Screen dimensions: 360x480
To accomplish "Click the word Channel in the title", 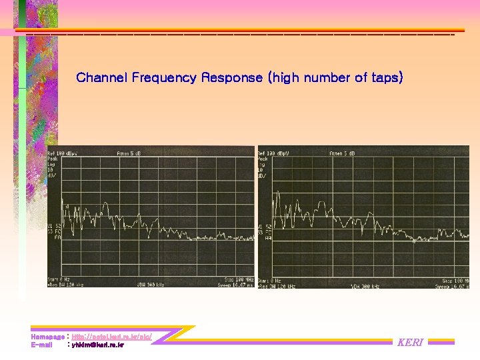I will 102,77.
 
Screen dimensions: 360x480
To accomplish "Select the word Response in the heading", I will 232,77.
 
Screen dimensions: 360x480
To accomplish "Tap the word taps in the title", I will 386,77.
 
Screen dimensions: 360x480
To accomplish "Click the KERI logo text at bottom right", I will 410,343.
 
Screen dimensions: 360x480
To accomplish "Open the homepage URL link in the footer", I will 111,337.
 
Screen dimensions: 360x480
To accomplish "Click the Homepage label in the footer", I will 47,337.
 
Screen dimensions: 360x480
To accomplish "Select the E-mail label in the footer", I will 41,345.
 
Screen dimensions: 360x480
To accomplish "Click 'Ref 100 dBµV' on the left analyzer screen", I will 63,153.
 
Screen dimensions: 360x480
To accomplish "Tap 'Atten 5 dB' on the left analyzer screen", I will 128,153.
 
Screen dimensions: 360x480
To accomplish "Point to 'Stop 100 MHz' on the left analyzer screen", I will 237,279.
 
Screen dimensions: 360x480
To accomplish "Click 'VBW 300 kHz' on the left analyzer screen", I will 151,285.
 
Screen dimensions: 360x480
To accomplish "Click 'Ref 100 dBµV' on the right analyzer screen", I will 274,153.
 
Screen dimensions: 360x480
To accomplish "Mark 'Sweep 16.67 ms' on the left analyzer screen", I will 235,285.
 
